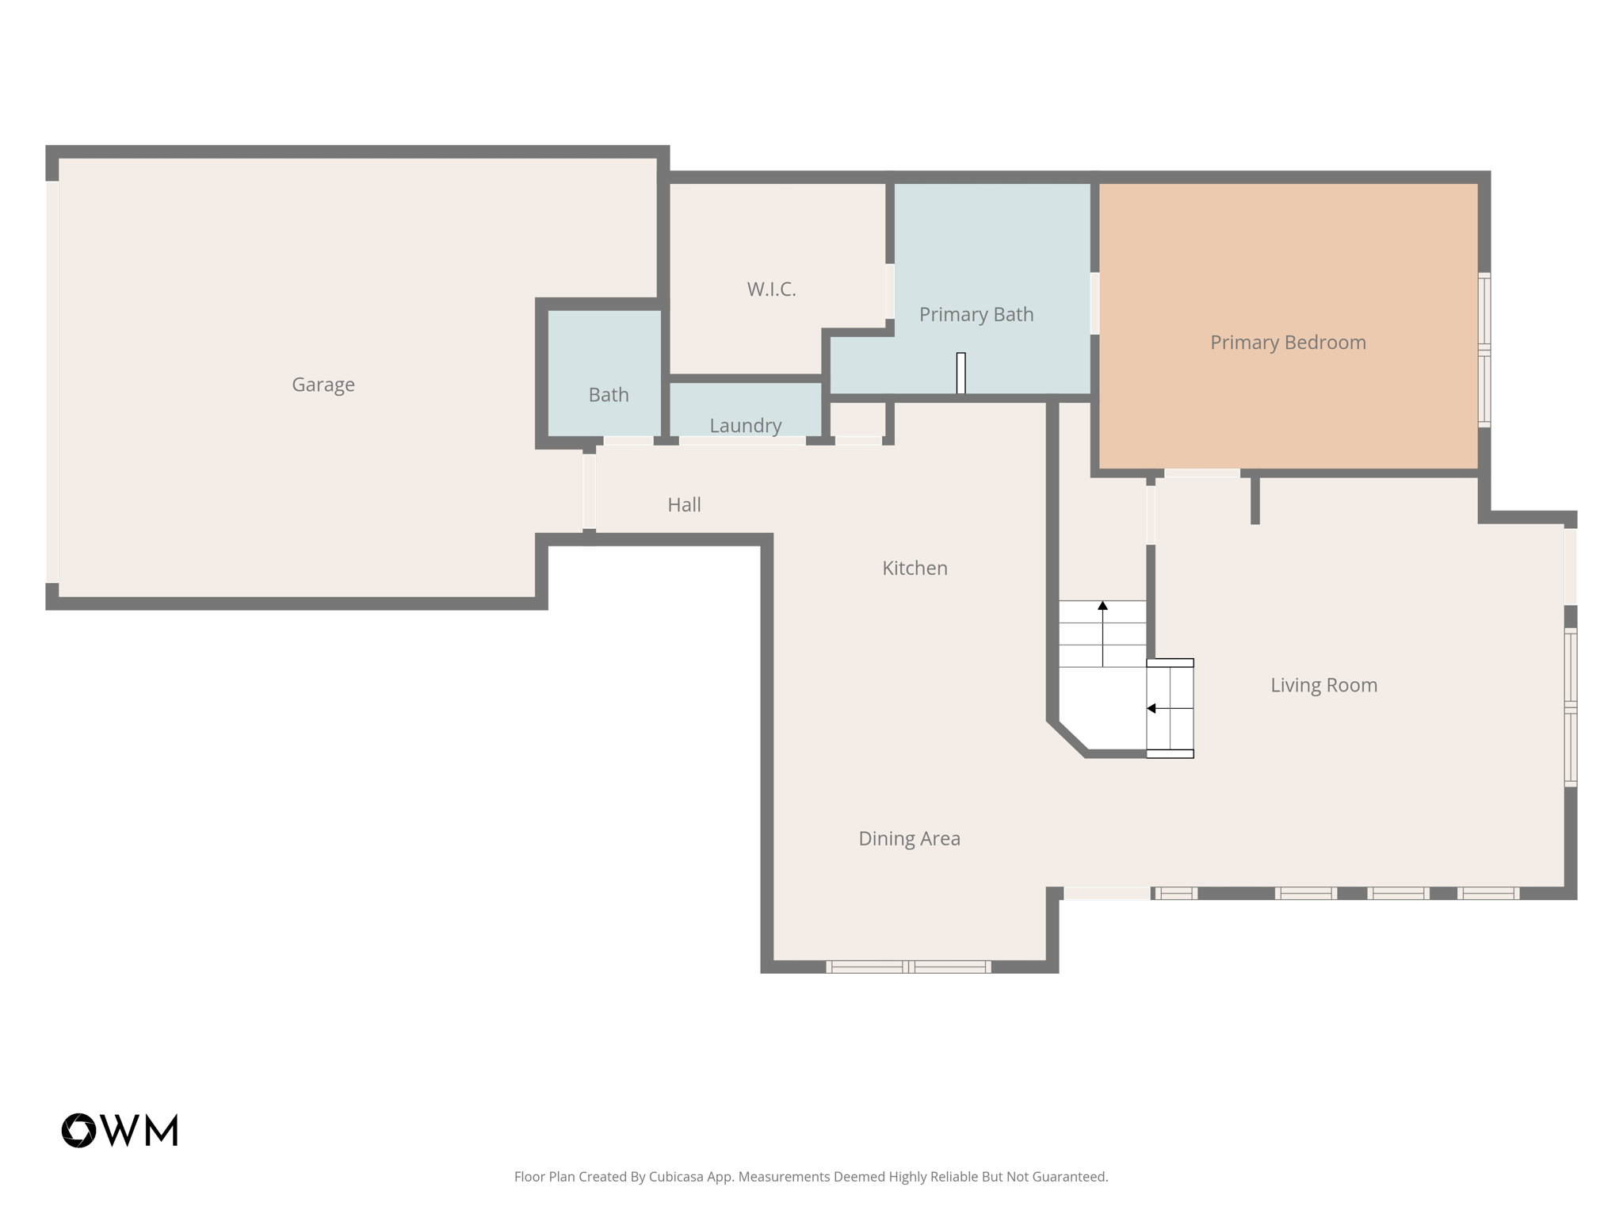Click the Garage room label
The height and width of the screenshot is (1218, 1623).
(323, 385)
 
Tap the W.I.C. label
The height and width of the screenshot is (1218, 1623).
(771, 289)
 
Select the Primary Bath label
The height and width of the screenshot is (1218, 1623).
(976, 315)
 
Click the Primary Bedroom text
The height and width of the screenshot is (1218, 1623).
(1287, 343)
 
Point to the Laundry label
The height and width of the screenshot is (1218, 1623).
(745, 426)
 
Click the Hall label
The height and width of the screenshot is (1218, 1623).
(684, 505)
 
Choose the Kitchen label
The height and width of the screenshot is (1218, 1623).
(915, 569)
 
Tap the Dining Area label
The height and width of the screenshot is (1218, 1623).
(909, 839)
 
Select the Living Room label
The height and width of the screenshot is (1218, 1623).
(1323, 685)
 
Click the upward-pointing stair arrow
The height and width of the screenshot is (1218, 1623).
(1102, 607)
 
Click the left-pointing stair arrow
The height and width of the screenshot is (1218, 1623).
(1152, 708)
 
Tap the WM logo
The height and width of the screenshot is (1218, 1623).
(120, 1130)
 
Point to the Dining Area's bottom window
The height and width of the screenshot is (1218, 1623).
(908, 967)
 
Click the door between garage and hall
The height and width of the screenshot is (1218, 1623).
(589, 492)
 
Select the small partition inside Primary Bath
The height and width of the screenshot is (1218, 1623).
(960, 373)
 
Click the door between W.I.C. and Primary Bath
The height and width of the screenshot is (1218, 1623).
(890, 291)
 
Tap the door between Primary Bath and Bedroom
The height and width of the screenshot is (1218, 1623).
(1094, 303)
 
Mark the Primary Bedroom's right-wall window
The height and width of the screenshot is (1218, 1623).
(1484, 350)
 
